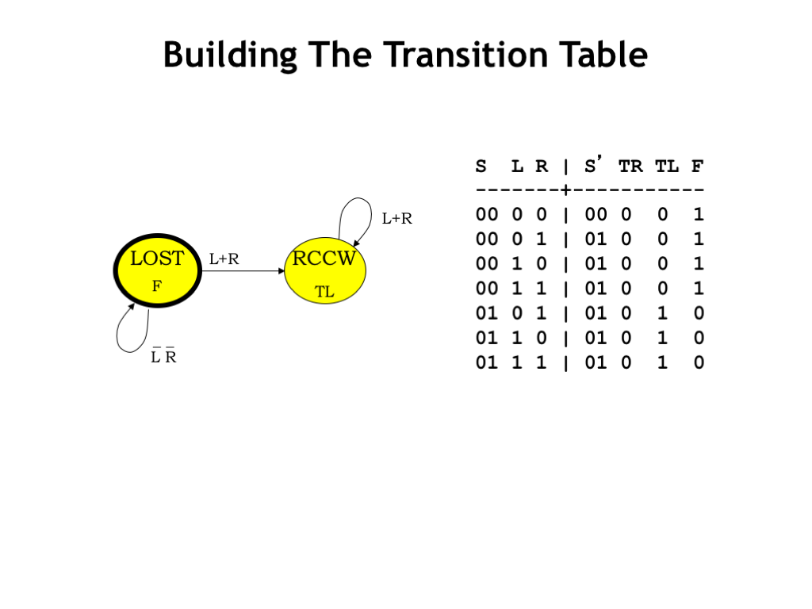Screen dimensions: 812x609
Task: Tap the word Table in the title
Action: (x=603, y=55)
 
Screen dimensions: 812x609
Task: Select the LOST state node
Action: (x=158, y=270)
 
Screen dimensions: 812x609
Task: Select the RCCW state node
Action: (x=325, y=270)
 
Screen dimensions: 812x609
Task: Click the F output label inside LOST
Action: (x=157, y=285)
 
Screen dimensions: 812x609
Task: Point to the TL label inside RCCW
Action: (x=324, y=292)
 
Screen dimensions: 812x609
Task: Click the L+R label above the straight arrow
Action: (x=224, y=259)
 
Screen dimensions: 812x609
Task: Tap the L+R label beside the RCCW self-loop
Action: (x=396, y=219)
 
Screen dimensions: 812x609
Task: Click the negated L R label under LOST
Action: (x=163, y=356)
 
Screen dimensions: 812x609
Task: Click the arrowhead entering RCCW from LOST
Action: (x=282, y=271)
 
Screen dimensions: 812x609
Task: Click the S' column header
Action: (x=593, y=165)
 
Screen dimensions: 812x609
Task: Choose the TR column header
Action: (x=630, y=167)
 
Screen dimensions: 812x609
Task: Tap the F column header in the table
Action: (x=697, y=167)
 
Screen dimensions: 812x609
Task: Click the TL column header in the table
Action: (x=666, y=167)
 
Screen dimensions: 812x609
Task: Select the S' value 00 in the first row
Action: (x=596, y=214)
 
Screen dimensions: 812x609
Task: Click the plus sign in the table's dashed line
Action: (x=566, y=190)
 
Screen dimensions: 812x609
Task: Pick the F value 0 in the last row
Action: (x=699, y=362)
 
